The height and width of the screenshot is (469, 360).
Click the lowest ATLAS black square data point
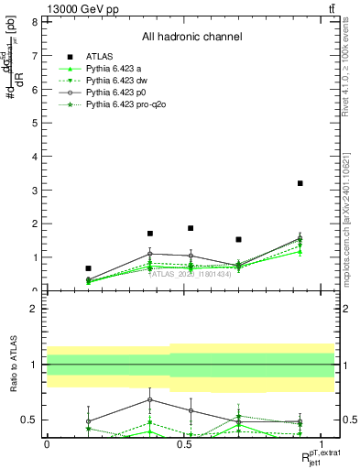click(88, 268)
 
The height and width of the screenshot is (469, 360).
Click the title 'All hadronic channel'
click(191, 37)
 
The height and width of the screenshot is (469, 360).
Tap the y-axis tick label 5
click(35, 123)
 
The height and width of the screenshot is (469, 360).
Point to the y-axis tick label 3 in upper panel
click(35, 191)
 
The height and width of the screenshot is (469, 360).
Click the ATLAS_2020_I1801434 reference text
click(189, 273)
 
